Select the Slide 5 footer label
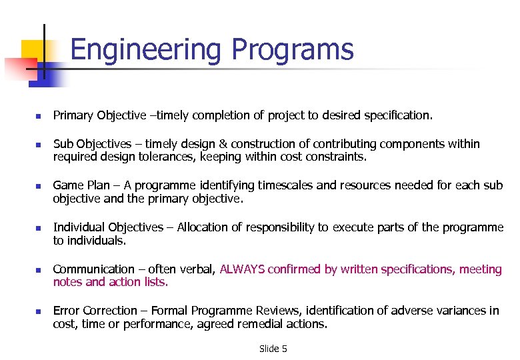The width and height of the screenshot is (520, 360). coord(273,349)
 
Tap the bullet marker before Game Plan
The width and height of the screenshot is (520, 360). coord(38,187)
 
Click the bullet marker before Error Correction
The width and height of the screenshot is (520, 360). coord(38,311)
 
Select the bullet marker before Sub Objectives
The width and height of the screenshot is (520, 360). coord(38,145)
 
